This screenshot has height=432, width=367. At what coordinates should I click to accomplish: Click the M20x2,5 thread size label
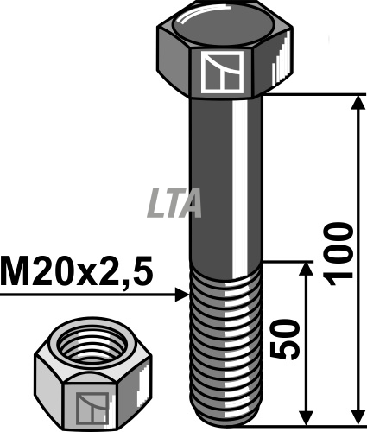click(x=76, y=272)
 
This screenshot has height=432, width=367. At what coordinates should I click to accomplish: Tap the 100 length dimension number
click(x=338, y=254)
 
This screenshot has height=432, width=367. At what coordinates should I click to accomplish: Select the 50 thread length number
click(x=285, y=339)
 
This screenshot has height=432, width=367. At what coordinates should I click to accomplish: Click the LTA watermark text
click(x=174, y=203)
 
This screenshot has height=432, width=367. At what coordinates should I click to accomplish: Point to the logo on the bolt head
click(x=222, y=73)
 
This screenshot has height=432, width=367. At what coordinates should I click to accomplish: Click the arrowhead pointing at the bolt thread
click(x=182, y=295)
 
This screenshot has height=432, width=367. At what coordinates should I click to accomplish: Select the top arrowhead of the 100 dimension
click(x=358, y=103)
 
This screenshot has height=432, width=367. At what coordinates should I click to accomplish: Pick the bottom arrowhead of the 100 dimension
click(x=358, y=416)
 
